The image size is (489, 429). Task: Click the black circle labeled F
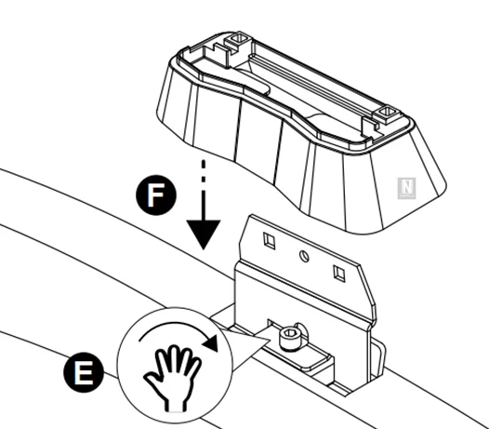(156, 194)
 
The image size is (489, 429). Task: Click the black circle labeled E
(84, 372)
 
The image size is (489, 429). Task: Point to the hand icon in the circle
(173, 378)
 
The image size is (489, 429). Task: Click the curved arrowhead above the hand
(211, 342)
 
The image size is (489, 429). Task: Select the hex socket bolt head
(289, 338)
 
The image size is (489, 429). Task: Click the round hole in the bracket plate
(304, 256)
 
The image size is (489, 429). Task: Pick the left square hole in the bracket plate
(270, 241)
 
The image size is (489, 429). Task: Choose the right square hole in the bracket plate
(339, 274)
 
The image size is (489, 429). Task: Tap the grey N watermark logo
(406, 188)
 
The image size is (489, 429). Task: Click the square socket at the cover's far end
(238, 39)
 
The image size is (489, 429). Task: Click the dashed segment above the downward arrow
(204, 170)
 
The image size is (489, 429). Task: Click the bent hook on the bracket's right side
(378, 359)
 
